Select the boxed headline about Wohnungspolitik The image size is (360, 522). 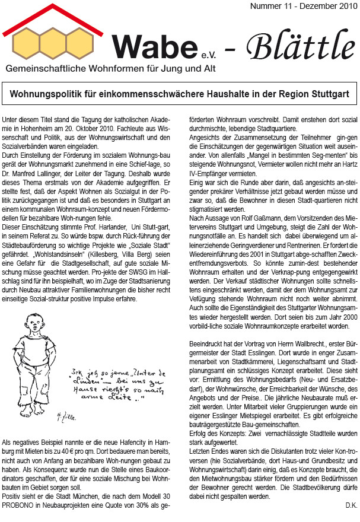tap(180, 94)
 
